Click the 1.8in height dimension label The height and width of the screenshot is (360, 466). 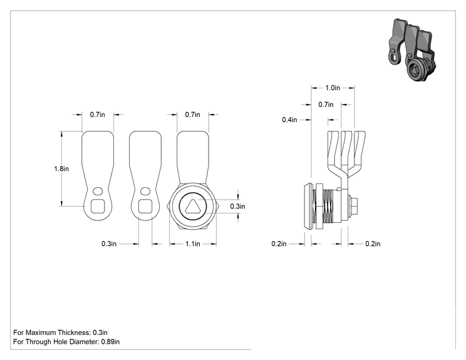pos(61,168)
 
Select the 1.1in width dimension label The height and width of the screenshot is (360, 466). pos(192,244)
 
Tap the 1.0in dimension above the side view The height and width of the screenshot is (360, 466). pos(333,88)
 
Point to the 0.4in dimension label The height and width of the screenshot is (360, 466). pos(289,120)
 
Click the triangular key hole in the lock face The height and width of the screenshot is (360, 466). pos(192,206)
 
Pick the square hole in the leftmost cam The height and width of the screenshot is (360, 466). pos(97,206)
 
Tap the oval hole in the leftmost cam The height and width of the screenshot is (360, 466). pos(98,192)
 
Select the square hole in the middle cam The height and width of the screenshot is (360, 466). pos(145,206)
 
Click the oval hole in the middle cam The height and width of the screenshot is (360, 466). pos(145,192)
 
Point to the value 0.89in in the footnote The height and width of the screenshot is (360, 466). pos(110,342)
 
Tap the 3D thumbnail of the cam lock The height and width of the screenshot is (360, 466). pos(412,50)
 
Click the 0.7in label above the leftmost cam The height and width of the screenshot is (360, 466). pos(98,115)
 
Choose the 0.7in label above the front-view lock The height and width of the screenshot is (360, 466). pos(192,115)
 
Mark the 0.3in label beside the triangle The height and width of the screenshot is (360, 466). pos(237,207)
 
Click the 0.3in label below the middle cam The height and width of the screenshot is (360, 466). pos(109,244)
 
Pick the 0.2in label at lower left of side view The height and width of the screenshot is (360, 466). pos(279,244)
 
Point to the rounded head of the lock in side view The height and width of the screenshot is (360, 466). pos(308,206)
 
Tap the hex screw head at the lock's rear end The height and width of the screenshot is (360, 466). pos(353,206)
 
